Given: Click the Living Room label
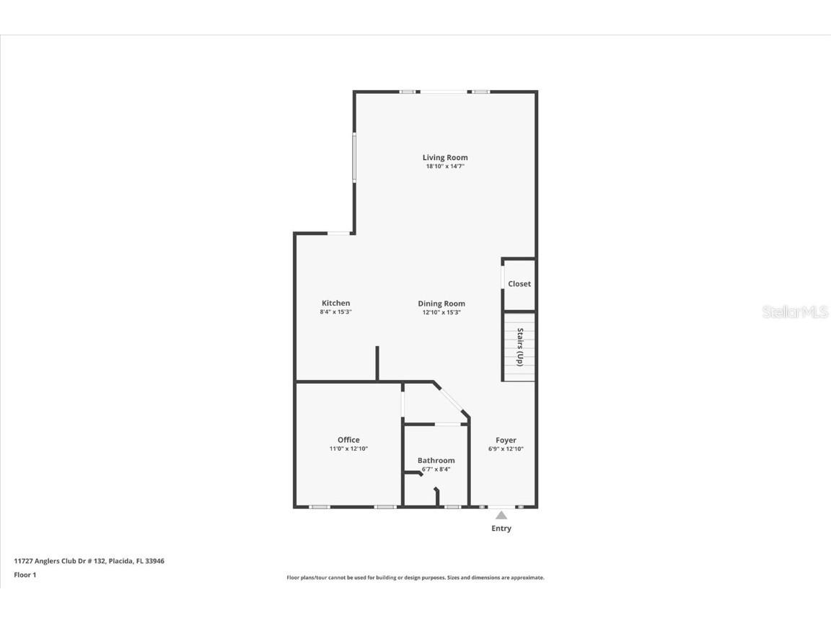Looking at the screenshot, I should (445, 157).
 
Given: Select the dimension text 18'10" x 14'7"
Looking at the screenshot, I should (445, 167).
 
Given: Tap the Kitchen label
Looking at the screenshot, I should (335, 304).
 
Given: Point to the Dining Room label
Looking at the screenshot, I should (441, 304).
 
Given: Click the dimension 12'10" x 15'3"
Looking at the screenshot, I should (441, 312).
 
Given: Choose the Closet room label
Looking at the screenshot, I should (519, 284).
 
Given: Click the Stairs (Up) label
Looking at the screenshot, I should (519, 347).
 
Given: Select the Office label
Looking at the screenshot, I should (348, 440).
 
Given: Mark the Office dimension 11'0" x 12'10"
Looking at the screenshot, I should (348, 449).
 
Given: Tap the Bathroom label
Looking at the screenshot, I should (436, 461).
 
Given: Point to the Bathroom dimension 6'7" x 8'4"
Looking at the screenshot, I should (436, 469).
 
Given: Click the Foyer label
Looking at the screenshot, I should (506, 440).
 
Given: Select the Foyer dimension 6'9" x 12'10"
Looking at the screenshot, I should (506, 449).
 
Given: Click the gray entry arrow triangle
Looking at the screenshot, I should (501, 515).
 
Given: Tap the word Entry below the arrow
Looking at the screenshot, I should (501, 529).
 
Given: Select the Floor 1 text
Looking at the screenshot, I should (25, 575).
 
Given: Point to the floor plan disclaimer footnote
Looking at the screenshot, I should (415, 578).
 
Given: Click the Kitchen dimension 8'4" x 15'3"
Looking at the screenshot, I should (335, 312).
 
